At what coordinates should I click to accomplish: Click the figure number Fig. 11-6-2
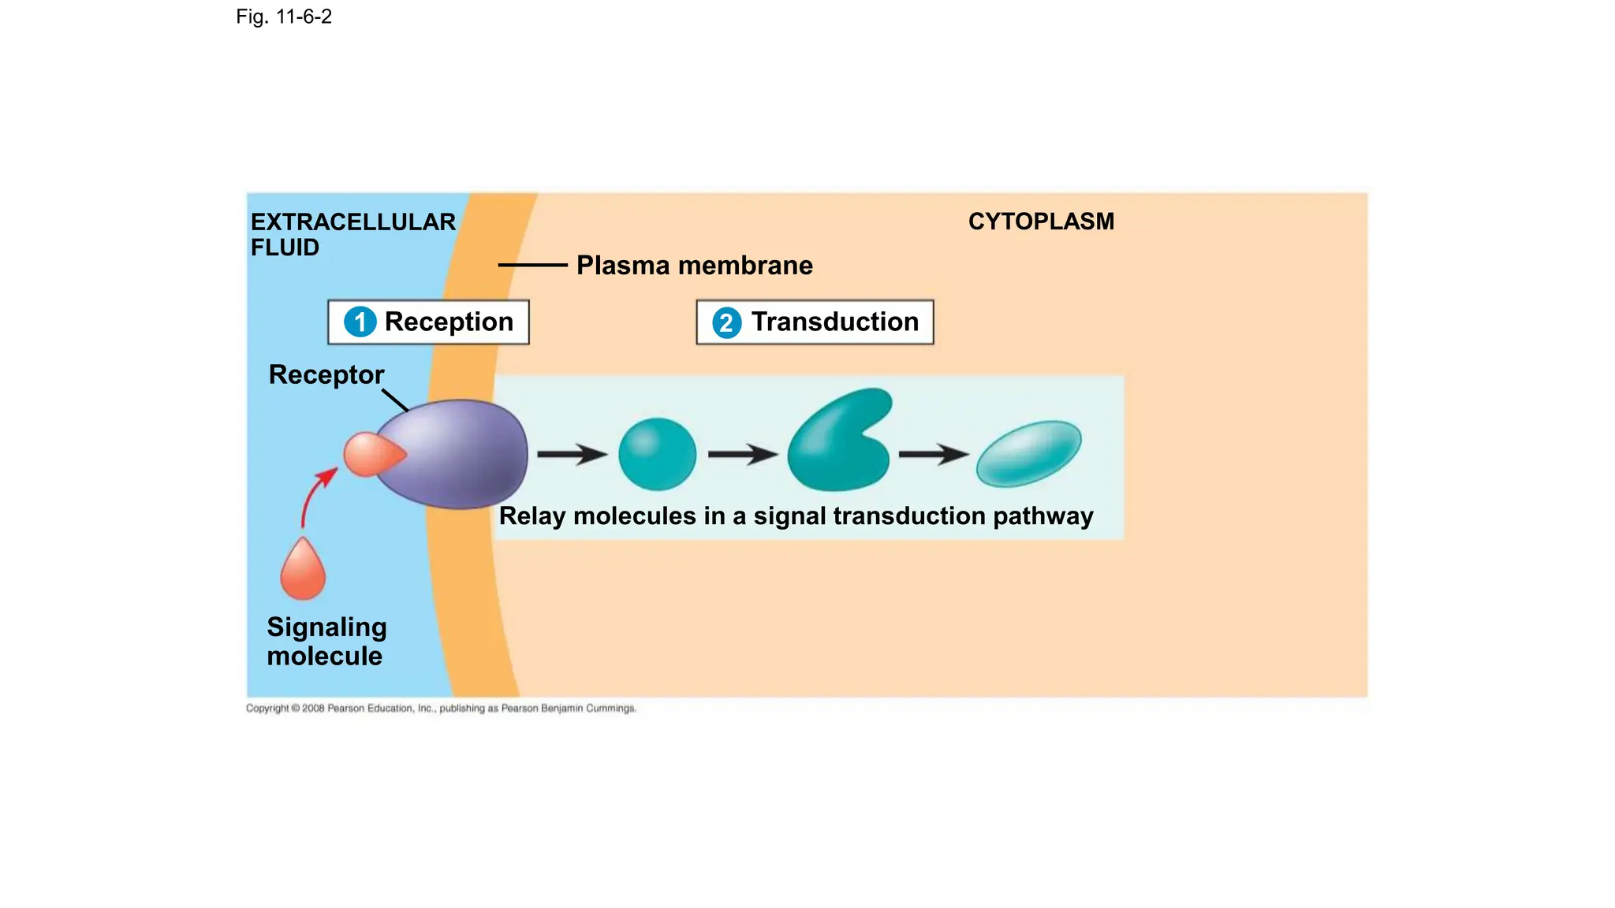[x=283, y=17]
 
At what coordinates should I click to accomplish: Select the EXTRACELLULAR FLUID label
[x=352, y=234]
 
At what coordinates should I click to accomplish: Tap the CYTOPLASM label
[x=1041, y=221]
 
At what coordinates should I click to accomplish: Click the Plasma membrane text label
[x=694, y=266]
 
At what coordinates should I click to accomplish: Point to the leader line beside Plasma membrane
[x=532, y=266]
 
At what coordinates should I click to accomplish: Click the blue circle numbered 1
[x=360, y=322]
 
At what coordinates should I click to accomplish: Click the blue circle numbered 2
[x=726, y=322]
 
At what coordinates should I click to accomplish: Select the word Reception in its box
[x=449, y=322]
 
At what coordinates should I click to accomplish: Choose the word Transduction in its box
[x=834, y=322]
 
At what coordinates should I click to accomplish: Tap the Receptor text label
[x=326, y=374]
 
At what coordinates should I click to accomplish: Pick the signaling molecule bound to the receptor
[x=371, y=455]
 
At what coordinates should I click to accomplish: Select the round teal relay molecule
[x=657, y=454]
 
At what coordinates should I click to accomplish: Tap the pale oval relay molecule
[x=1028, y=453]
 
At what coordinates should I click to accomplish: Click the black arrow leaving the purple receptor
[x=571, y=454]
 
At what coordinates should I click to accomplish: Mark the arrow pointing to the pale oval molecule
[x=933, y=454]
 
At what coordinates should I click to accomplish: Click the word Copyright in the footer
[x=267, y=709]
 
